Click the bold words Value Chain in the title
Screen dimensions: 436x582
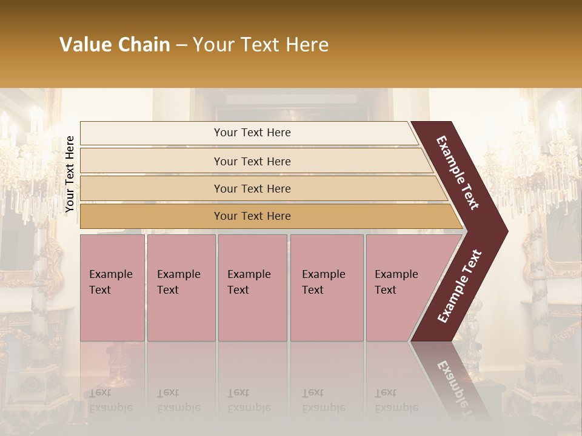115,45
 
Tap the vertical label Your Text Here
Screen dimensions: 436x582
70,174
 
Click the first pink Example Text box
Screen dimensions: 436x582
113,288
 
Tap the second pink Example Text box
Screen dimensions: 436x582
181,288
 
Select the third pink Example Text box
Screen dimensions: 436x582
252,288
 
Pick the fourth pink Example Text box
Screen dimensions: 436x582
327,288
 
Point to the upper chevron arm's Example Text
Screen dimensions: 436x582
458,173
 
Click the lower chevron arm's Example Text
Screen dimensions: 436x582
460,286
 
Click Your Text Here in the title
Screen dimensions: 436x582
261,45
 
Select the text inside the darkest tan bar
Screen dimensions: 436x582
252,216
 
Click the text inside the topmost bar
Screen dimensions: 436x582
252,133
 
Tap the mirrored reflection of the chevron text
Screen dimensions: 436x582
453,388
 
